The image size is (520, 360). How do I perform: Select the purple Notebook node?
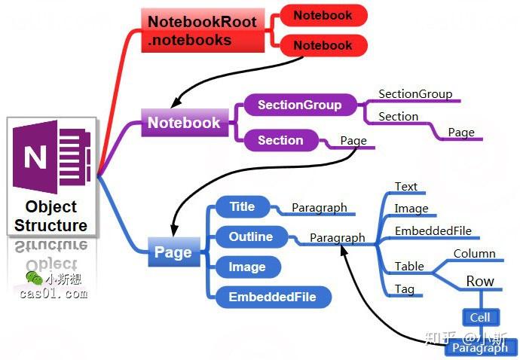184,123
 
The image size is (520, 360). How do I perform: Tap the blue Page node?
173,253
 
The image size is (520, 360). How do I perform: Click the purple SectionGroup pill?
299,105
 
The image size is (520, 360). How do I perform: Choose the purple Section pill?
280,140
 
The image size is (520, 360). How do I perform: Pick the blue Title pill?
242,207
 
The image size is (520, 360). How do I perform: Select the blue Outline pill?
251,236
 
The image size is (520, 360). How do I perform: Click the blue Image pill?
247,267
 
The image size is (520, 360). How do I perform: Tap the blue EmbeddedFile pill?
272,297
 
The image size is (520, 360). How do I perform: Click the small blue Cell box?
480,318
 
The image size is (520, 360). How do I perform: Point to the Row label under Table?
480,282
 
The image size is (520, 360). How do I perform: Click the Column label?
474,254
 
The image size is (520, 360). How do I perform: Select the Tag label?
405,289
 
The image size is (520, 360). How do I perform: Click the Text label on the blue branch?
405,187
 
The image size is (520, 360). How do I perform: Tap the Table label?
409,267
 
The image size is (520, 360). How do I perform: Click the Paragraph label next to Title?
320,208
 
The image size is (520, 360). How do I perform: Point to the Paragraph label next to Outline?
338,238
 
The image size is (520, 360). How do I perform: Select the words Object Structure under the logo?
51,215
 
